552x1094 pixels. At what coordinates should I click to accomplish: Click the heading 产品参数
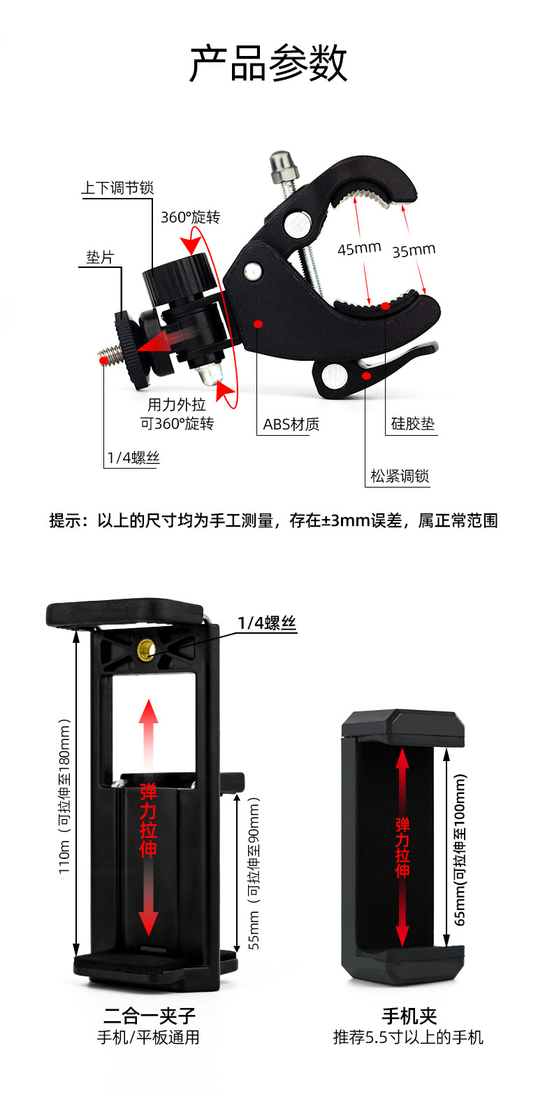coord(268,63)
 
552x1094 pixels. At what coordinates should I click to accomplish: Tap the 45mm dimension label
coord(359,248)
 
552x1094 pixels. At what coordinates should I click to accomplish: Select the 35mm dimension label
coord(414,250)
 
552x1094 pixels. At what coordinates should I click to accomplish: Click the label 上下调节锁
coord(117,187)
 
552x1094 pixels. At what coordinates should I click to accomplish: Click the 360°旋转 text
coord(190,217)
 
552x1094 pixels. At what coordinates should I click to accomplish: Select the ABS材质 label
coord(291,424)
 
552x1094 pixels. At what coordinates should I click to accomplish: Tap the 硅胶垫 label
coord(412,423)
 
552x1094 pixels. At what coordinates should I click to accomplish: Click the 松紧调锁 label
coord(399,476)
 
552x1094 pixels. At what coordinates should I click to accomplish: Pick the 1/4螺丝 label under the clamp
coord(133,457)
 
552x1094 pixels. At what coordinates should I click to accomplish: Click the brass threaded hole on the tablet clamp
coord(145,648)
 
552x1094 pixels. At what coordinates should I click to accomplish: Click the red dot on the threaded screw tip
coord(103,360)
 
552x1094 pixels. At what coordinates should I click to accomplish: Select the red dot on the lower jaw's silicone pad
coord(386,306)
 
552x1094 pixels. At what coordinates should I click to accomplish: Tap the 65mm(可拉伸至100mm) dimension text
coord(460,849)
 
